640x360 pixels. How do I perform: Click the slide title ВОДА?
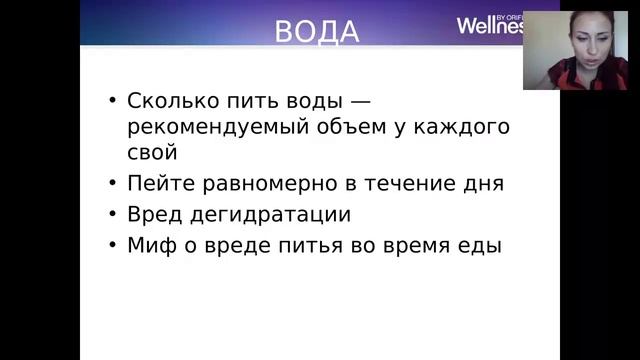[317, 31]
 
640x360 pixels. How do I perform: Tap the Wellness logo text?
[489, 25]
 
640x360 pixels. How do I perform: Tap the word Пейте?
[155, 184]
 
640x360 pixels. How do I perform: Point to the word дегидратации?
[265, 214]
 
